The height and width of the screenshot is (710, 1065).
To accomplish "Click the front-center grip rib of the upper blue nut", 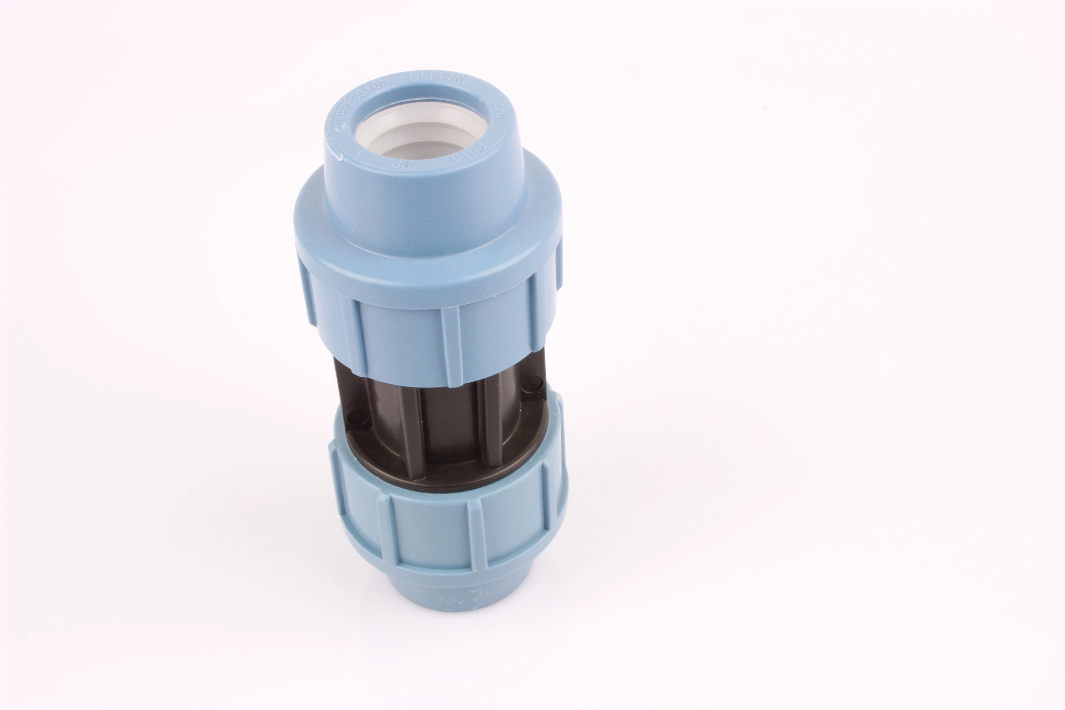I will coord(451,346).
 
